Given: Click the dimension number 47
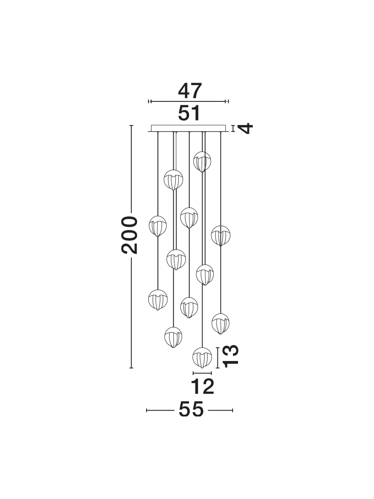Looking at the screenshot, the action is [190, 91].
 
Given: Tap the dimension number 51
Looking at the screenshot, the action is [189, 113].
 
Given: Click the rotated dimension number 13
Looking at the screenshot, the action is [231, 359].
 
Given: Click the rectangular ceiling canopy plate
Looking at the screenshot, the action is [189, 128].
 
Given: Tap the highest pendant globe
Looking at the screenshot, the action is [202, 162].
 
